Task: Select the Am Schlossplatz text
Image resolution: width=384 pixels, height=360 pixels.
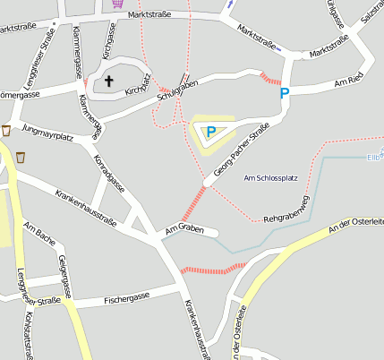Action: pos(270,178)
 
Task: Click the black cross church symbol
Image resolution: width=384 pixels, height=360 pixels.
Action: pos(110,81)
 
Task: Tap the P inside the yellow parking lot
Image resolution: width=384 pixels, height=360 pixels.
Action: pos(211,133)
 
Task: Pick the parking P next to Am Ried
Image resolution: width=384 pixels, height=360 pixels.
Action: pos(285,92)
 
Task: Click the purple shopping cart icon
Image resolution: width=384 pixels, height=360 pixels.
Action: pos(118,4)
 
